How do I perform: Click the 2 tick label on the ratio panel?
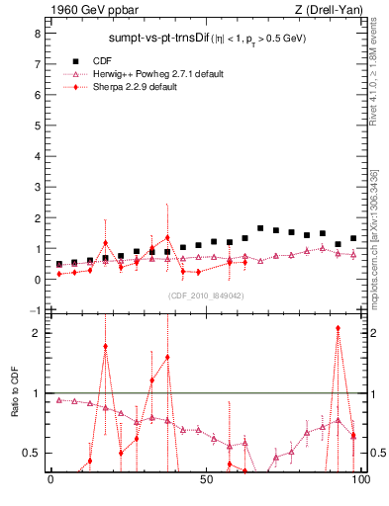coord(36,333)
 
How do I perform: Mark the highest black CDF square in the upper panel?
coord(260,228)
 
